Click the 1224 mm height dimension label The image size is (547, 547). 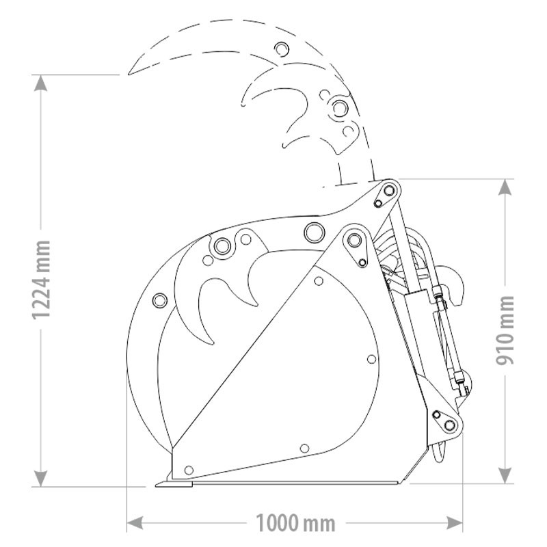tap(42, 280)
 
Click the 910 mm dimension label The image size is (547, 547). tap(505, 330)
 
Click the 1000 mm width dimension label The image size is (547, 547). tap(295, 523)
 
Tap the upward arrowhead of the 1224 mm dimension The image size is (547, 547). tap(41, 83)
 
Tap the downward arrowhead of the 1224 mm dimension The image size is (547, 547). tap(41, 478)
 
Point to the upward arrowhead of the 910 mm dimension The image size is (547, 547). tap(505, 187)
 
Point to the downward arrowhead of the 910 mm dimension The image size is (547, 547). tap(505, 475)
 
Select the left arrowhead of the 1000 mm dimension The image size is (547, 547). tap(135, 523)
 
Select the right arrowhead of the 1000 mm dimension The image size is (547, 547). tap(455, 523)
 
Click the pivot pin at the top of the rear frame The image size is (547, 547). tap(388, 191)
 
